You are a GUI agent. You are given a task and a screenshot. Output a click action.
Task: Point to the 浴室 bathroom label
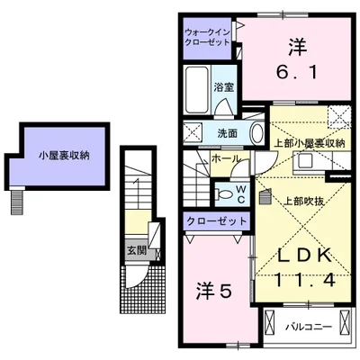(x=224, y=87)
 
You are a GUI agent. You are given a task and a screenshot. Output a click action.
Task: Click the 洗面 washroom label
(x=227, y=134)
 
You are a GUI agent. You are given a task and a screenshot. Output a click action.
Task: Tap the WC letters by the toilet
(x=241, y=192)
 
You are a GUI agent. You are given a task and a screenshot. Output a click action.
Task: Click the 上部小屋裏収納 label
(x=308, y=143)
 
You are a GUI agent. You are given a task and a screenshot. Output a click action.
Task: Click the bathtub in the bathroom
(x=196, y=89)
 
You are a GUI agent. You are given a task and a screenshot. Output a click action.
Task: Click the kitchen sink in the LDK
(x=303, y=161)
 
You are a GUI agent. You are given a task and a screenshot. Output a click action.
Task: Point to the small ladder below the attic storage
(x=16, y=201)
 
